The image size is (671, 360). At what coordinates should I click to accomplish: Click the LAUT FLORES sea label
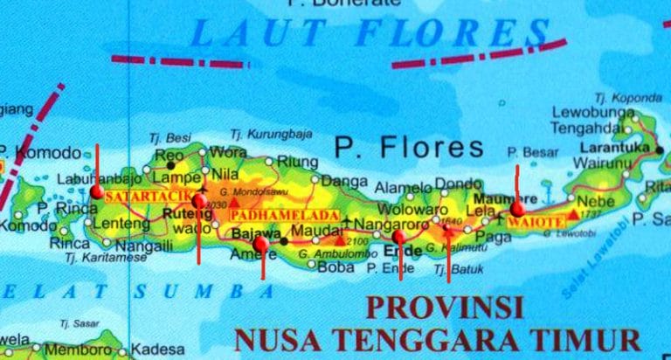pyautogui.click(x=366, y=32)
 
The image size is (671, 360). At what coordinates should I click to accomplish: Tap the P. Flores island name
pyautogui.click(x=409, y=147)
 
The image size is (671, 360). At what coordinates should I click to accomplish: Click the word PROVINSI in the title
pyautogui.click(x=443, y=308)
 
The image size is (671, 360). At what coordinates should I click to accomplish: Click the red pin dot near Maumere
pyautogui.click(x=517, y=208)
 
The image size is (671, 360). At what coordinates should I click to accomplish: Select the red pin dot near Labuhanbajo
pyautogui.click(x=96, y=191)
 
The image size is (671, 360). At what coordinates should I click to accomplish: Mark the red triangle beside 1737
pyautogui.click(x=572, y=212)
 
